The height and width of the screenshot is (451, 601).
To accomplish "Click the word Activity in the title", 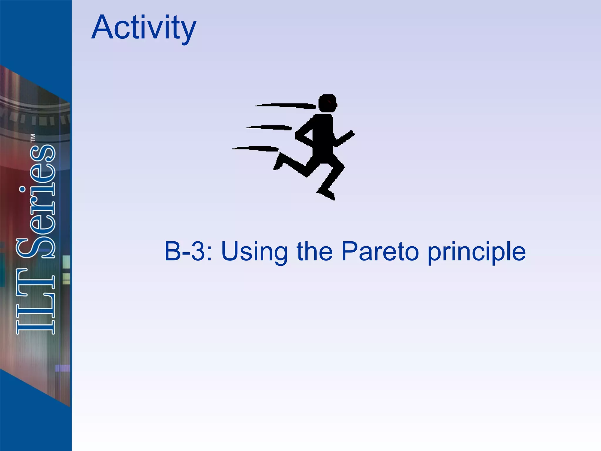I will tap(144, 28).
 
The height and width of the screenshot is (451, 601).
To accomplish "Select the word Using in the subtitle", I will tap(254, 252).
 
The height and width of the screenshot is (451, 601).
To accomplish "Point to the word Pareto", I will tap(380, 251).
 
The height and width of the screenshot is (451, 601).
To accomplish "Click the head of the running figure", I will tap(327, 103).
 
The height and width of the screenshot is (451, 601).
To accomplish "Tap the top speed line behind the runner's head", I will tap(286, 105).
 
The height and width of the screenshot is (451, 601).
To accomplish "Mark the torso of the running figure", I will tap(323, 135).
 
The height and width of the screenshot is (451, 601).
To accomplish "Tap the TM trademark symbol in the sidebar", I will tap(33, 138).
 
